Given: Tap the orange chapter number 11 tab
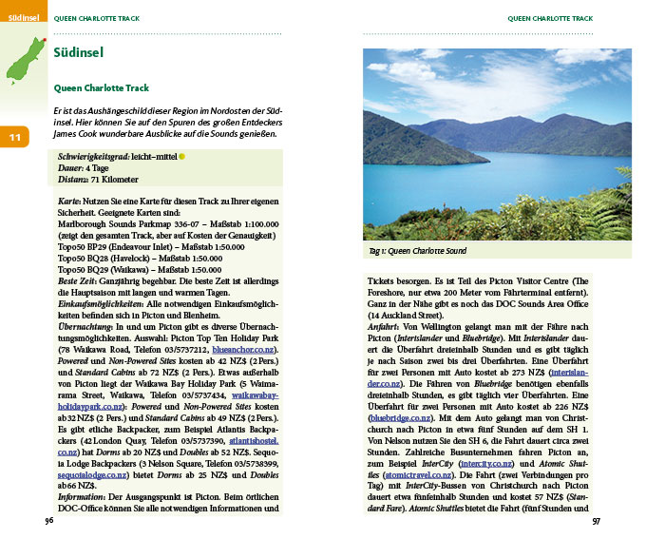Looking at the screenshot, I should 15,138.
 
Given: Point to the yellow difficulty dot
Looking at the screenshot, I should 182,155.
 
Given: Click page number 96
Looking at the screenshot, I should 49,521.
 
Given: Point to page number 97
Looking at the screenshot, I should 597,521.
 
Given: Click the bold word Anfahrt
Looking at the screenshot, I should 387,326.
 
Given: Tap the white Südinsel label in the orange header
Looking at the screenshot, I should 21,17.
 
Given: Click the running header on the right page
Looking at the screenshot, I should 550,17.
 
